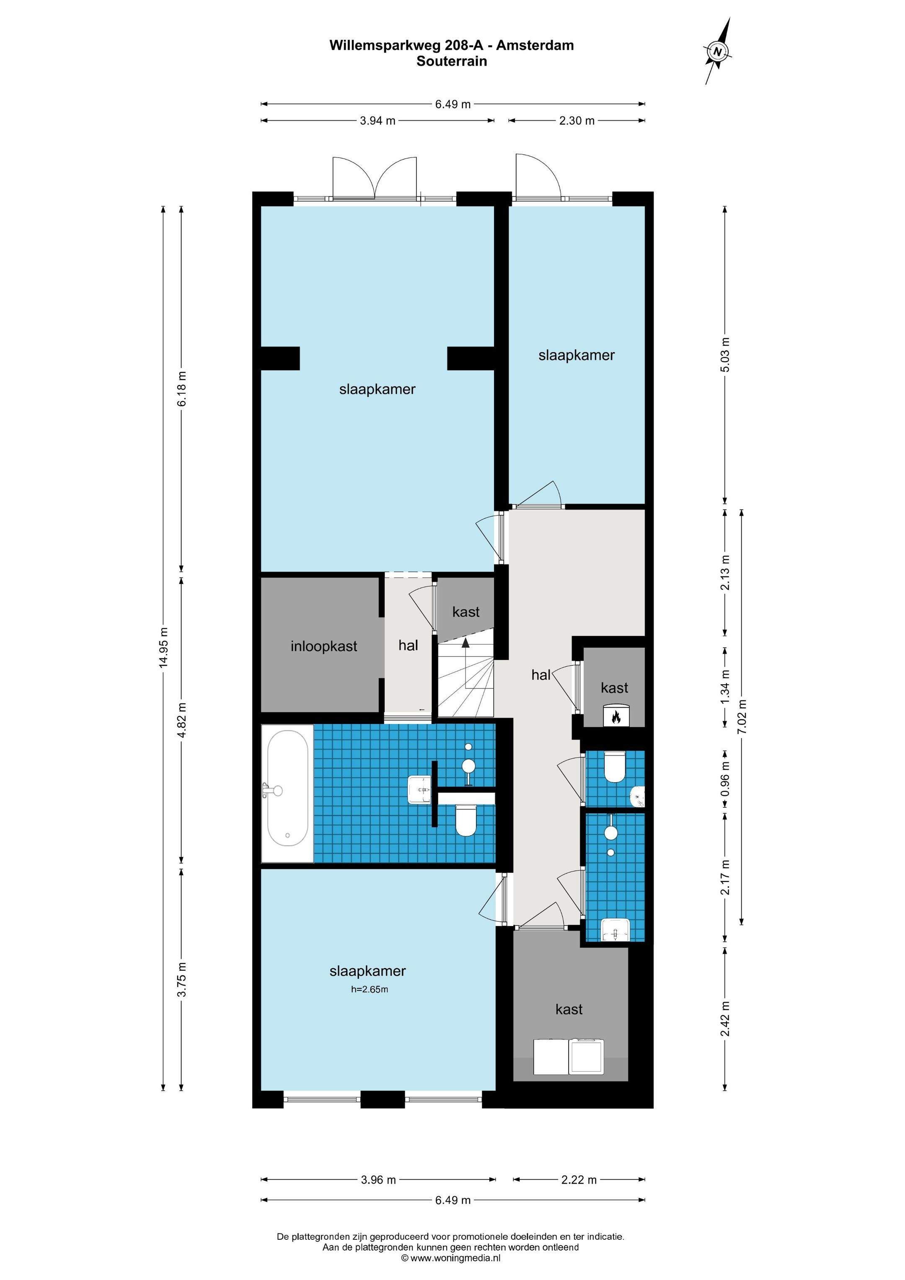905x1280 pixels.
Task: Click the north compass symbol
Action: click(718, 52)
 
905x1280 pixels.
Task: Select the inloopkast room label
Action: click(323, 646)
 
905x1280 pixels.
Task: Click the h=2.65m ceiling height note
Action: click(369, 990)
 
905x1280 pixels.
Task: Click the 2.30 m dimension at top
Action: click(577, 120)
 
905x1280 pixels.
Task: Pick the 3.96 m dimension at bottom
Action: click(379, 1179)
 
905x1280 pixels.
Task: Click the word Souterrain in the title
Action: click(452, 61)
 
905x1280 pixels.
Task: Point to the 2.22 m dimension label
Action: click(579, 1179)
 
